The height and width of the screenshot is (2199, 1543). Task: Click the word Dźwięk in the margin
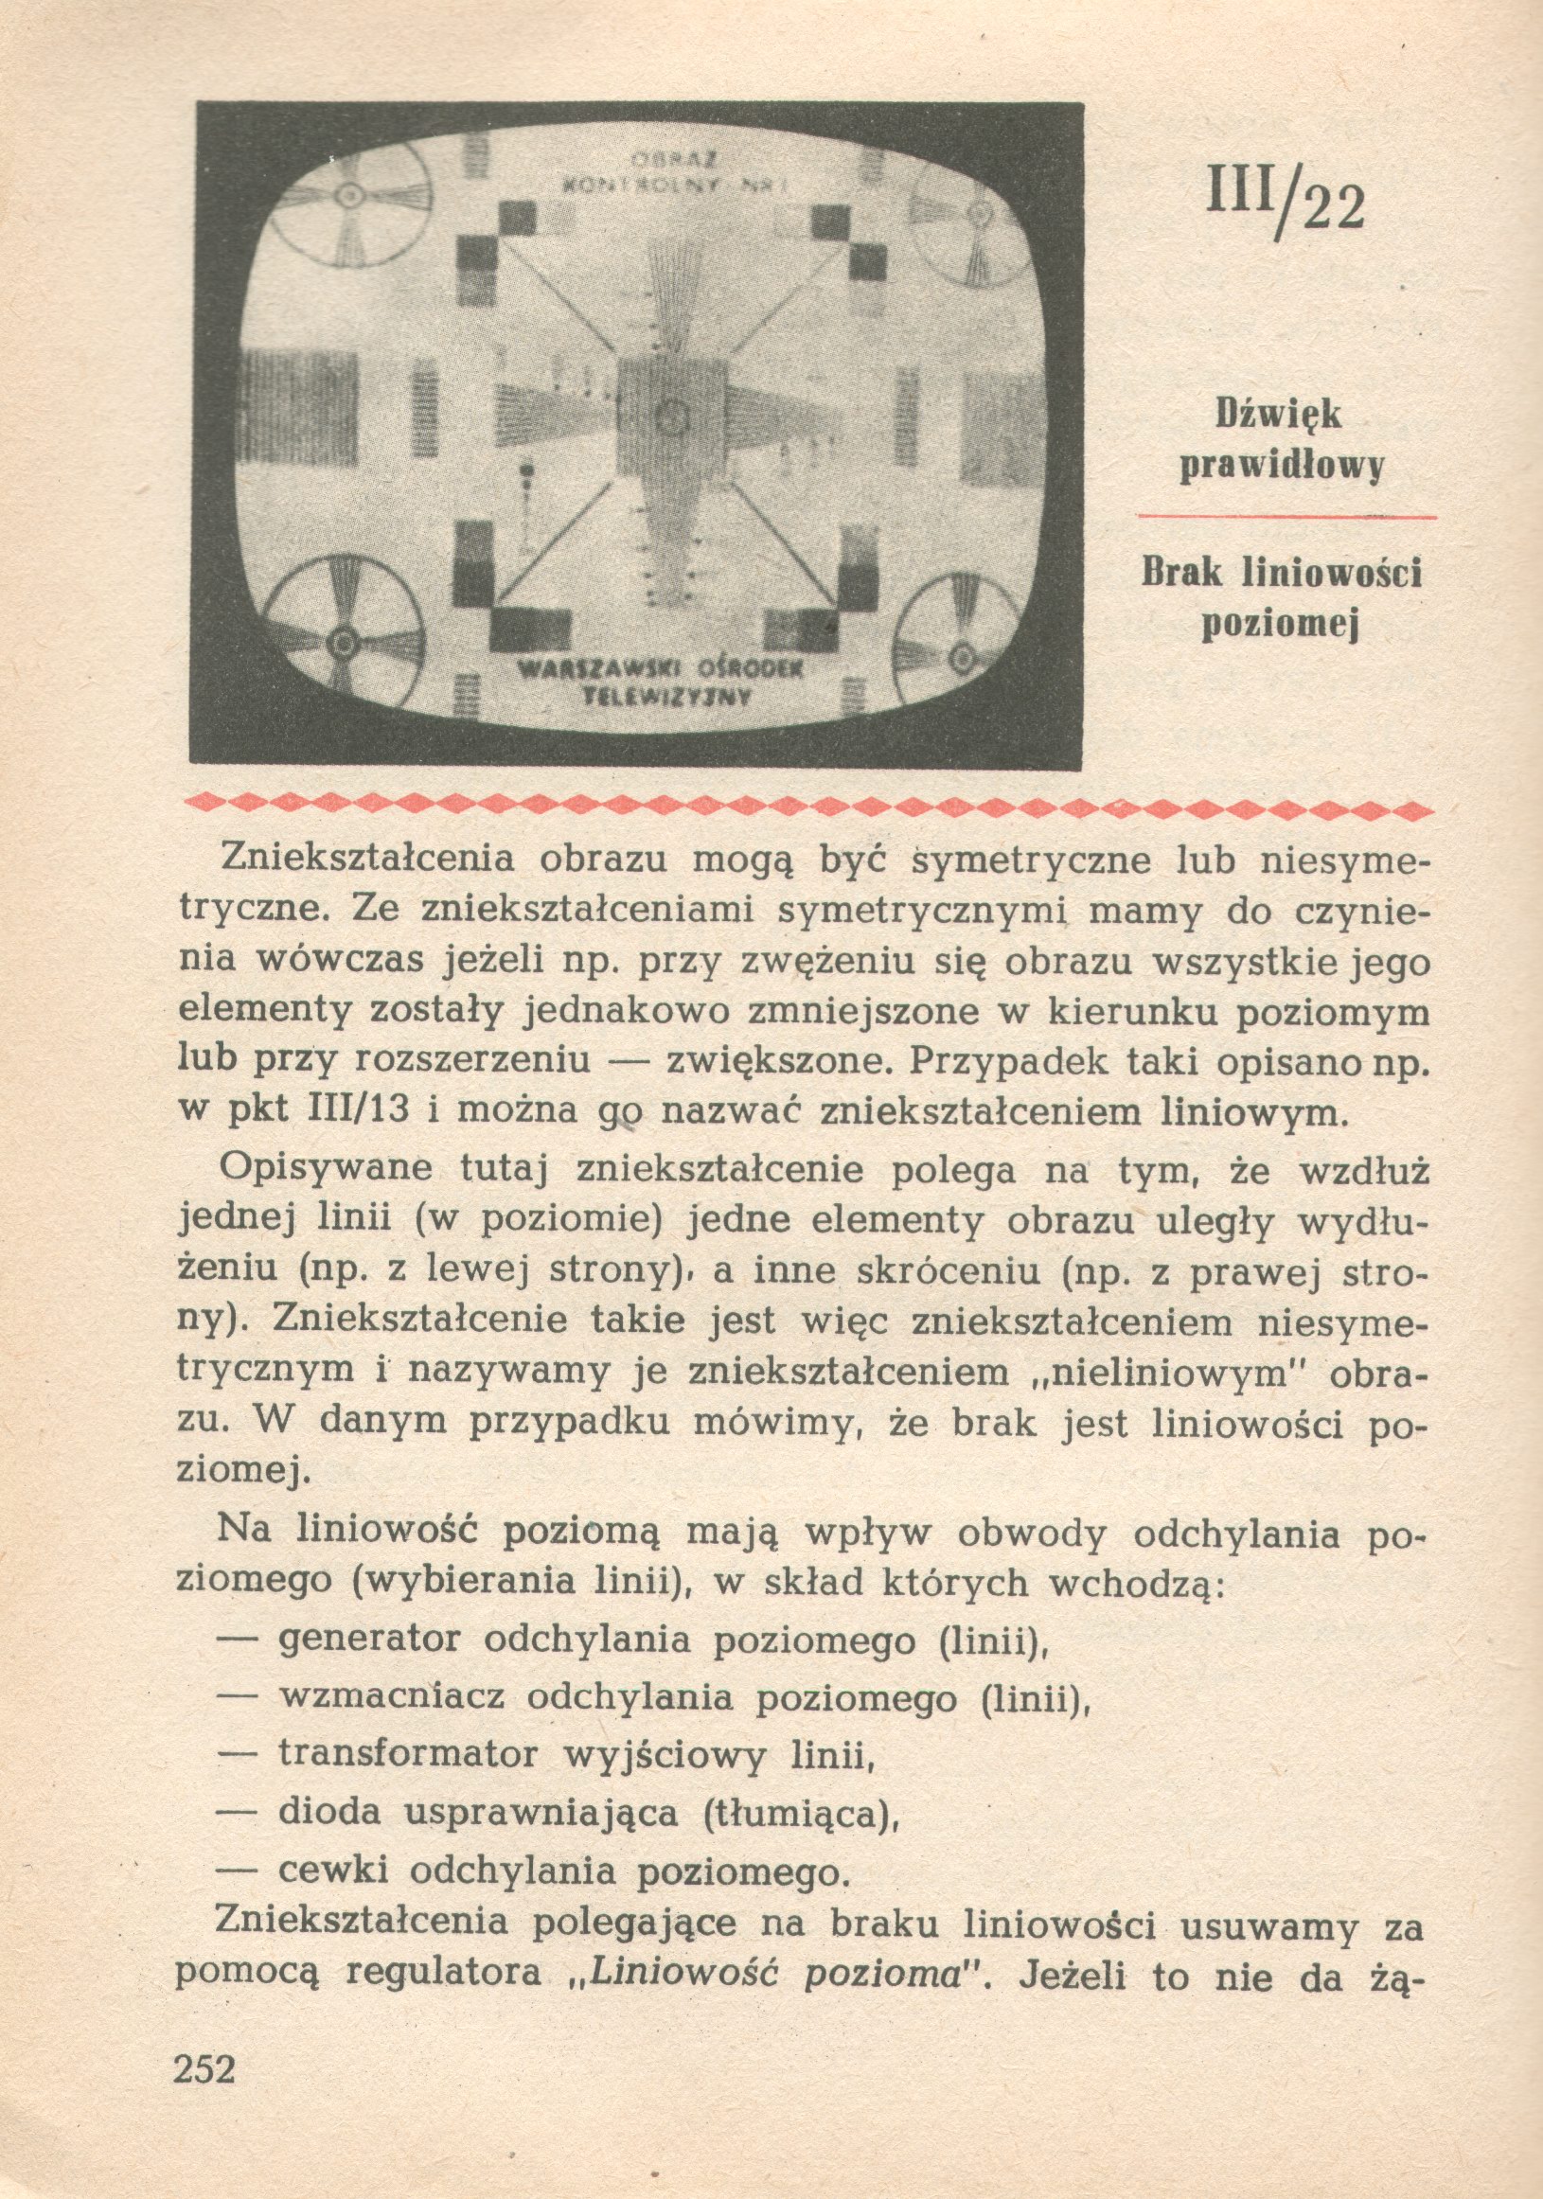coord(1279,414)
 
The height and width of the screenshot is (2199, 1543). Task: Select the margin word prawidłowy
coord(1282,468)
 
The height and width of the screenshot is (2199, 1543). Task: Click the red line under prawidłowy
coord(1286,517)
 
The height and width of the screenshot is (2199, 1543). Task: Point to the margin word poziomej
coord(1282,626)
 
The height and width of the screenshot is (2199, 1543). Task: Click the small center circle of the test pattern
coord(672,416)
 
